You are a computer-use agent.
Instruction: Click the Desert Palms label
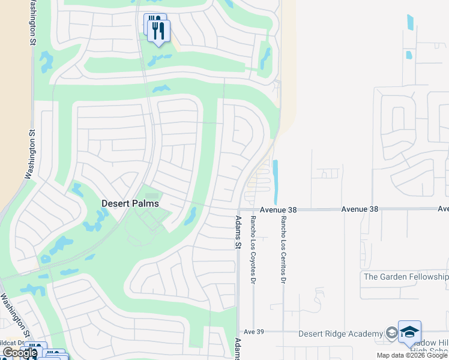pos(130,203)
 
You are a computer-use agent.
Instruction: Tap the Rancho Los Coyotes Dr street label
pos(253,242)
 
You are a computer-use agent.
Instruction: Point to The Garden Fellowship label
pos(406,277)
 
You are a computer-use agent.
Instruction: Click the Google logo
pos(19,353)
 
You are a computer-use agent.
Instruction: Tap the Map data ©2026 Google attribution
pos(412,355)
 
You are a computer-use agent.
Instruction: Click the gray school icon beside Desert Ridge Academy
pos(391,334)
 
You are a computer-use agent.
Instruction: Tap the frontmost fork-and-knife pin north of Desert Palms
pos(158,31)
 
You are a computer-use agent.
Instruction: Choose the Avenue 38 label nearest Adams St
pos(280,209)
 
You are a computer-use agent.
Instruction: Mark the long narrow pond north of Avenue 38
pos(276,181)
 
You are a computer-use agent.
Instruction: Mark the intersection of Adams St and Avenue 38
pos(238,210)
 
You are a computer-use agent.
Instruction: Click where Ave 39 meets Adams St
pos(239,331)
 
